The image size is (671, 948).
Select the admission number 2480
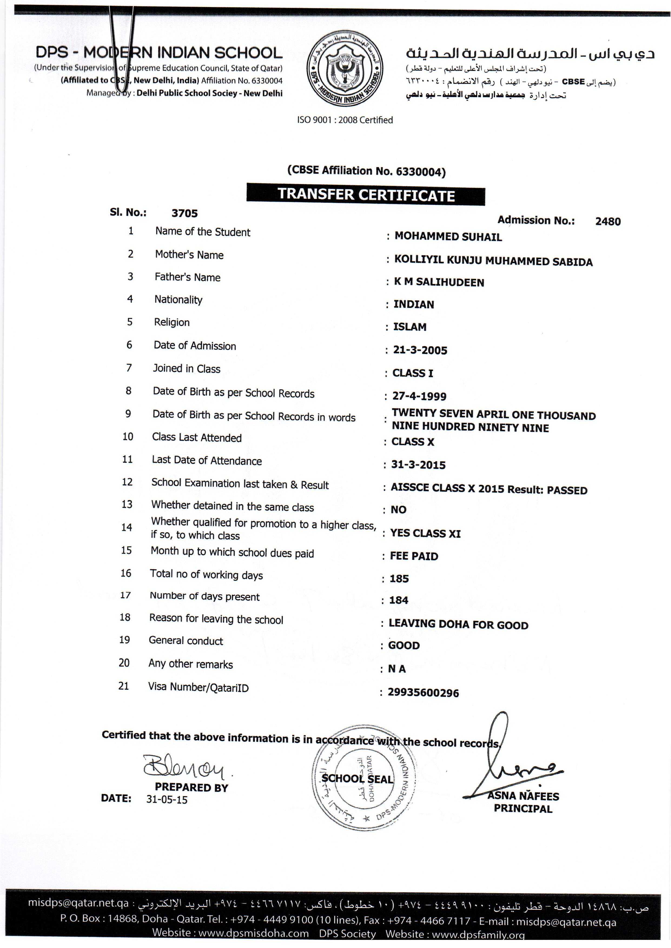[x=607, y=221]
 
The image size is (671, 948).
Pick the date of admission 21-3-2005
[x=420, y=350]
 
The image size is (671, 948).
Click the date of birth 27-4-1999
[x=419, y=396]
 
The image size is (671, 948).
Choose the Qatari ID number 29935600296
[x=423, y=693]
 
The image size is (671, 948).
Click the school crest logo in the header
[x=345, y=69]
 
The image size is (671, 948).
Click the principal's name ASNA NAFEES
[x=523, y=796]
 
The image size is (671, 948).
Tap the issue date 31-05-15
[x=167, y=799]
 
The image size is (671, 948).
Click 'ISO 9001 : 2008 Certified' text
[x=345, y=120]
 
